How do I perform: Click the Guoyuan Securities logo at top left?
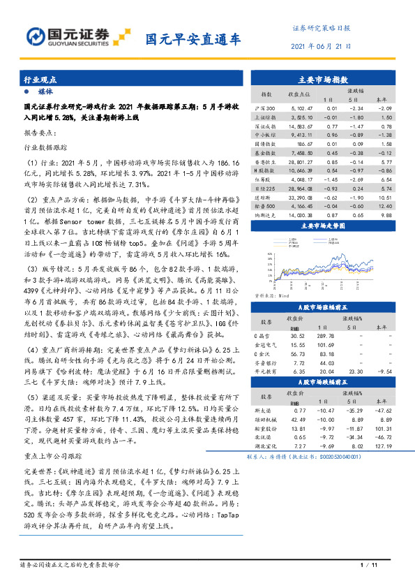tap(66, 36)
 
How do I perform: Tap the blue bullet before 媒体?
tap(27, 91)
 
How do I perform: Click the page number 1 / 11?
tap(368, 564)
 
